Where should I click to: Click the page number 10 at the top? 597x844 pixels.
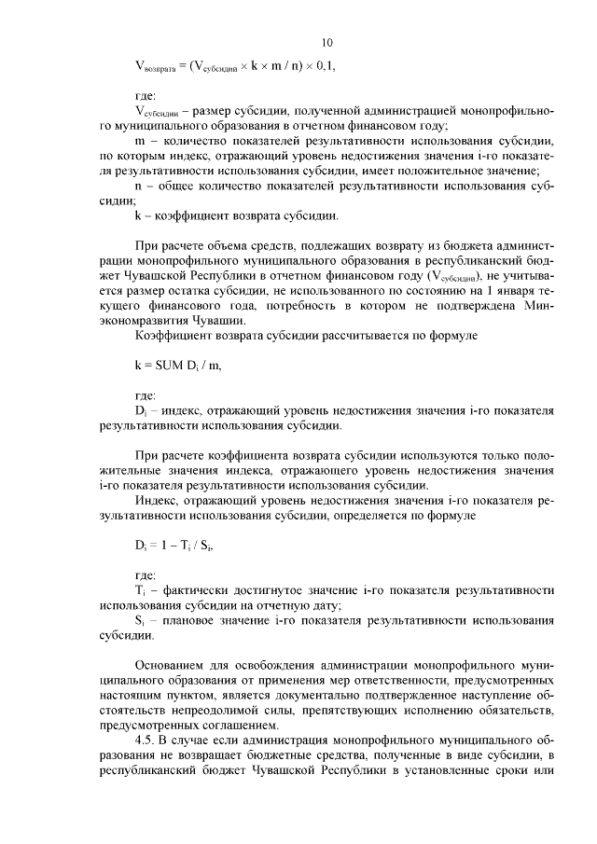coord(326,42)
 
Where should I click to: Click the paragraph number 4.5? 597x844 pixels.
coord(146,738)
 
